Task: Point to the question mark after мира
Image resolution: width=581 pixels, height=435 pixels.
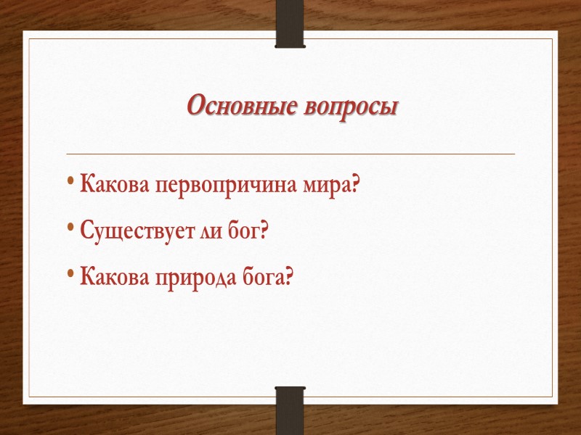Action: [354, 185]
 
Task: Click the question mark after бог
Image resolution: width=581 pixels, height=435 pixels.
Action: [264, 231]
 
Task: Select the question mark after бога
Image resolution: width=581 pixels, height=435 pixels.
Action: [292, 276]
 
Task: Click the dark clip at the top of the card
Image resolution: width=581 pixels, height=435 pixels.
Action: [290, 23]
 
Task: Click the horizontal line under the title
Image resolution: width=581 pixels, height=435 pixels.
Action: [290, 154]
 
